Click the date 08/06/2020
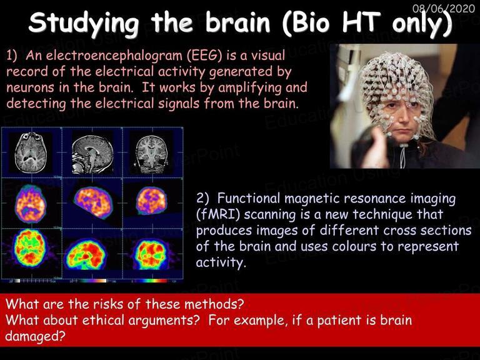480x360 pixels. (443, 8)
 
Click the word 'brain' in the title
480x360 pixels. (237, 22)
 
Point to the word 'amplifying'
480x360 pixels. (250, 88)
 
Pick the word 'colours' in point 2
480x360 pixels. (354, 246)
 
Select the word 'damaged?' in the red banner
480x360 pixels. (35, 336)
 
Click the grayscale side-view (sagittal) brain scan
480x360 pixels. (92, 154)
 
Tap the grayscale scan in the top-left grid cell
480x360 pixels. (31, 152)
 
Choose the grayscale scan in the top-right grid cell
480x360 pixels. (152, 154)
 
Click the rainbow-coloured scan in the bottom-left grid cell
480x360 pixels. (30, 247)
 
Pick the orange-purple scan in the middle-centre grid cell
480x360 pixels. (94, 202)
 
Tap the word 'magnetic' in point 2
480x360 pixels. (312, 199)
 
